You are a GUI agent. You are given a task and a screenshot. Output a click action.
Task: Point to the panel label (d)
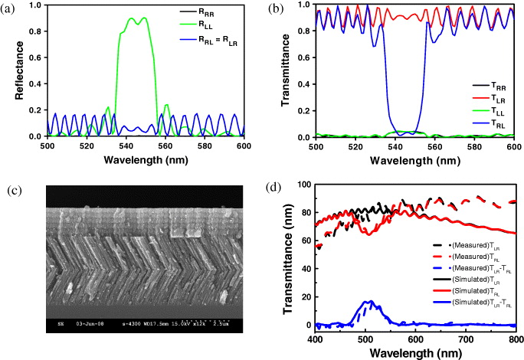tap(273, 186)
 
